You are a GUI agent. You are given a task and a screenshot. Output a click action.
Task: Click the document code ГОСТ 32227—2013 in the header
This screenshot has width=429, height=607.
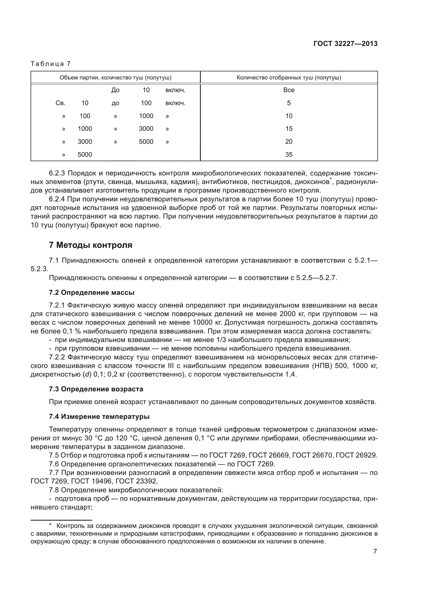pos(345,44)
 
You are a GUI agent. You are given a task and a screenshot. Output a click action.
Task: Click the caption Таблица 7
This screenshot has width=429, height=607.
pos(51,64)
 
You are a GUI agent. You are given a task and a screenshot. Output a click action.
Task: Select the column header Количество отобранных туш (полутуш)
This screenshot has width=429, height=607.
pos(289,77)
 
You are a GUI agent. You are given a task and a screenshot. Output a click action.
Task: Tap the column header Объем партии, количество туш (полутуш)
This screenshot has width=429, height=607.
pos(115,77)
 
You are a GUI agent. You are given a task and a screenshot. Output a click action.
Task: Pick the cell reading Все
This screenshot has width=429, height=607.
pos(289,90)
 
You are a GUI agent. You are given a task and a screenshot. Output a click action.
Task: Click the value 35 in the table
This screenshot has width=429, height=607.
pos(289,155)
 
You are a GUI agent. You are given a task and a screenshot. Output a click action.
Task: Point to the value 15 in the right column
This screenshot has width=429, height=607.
pos(289,129)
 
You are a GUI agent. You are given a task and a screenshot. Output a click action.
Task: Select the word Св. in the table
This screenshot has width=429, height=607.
pos(60,103)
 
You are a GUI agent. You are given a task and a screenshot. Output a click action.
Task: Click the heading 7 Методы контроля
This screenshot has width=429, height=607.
pos(91,245)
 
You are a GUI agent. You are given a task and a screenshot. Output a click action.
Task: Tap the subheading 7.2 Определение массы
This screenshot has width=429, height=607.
pos(92,292)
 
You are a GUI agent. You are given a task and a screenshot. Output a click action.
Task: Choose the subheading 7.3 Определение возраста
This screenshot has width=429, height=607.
pos(96,389)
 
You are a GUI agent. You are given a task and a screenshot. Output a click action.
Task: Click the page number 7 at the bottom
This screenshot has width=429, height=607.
pos(375,551)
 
